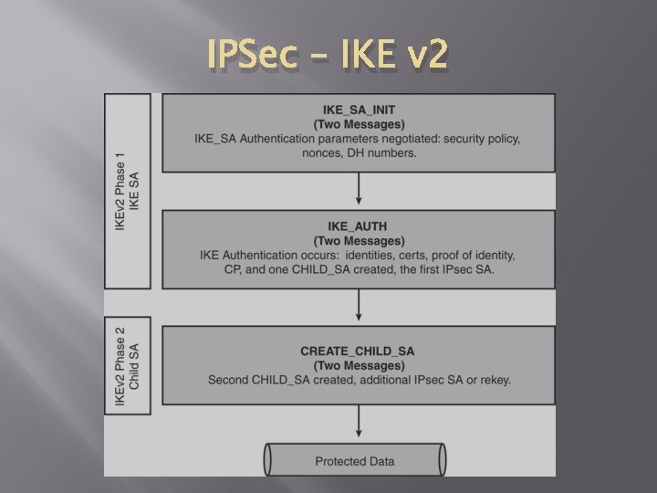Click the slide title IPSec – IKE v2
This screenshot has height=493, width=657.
(x=328, y=56)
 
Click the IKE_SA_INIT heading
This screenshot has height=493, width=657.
(x=359, y=110)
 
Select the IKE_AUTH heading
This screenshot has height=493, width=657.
(x=359, y=226)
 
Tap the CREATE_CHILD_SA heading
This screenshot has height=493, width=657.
(x=359, y=351)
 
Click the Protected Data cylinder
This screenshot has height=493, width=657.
(x=355, y=460)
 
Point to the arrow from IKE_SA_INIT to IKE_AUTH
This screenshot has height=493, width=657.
(x=359, y=190)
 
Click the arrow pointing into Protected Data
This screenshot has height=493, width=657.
(x=359, y=423)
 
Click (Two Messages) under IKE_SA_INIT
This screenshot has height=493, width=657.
(x=359, y=124)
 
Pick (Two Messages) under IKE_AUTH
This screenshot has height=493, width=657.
(x=359, y=239)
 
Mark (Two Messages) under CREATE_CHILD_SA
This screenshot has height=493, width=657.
(x=359, y=365)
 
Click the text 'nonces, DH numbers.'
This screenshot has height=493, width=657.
(x=359, y=152)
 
